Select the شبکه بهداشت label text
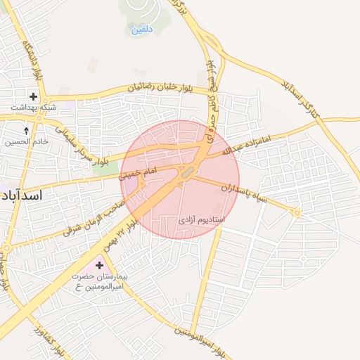tap(33, 107)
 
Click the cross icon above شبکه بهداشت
tap(33, 96)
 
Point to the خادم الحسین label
tap(27, 141)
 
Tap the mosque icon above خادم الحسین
tap(27, 131)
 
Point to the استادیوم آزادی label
tap(202, 220)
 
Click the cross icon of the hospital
tap(99, 266)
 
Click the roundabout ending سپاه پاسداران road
tap(297, 212)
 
